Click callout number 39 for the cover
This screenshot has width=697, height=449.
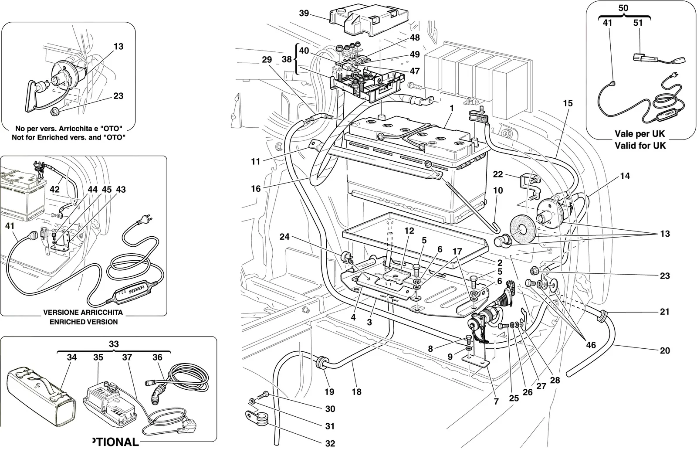click(x=304, y=13)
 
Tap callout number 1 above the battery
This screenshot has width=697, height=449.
click(x=451, y=109)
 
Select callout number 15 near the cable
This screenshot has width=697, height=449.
click(x=568, y=103)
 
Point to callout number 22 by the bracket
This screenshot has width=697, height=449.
click(x=498, y=174)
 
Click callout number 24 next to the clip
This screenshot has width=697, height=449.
click(x=284, y=237)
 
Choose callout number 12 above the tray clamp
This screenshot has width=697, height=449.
click(x=409, y=231)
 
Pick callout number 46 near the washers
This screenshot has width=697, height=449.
click(x=591, y=345)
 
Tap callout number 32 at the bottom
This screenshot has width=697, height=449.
click(x=330, y=443)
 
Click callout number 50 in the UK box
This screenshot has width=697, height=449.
click(x=623, y=8)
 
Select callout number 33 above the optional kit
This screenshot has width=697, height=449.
click(x=114, y=344)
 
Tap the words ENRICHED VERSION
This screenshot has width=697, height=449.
click(x=84, y=322)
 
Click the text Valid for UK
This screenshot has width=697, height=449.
click(x=640, y=146)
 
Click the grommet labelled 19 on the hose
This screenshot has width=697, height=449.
click(x=322, y=363)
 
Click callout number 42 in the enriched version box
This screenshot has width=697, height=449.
click(x=55, y=189)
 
